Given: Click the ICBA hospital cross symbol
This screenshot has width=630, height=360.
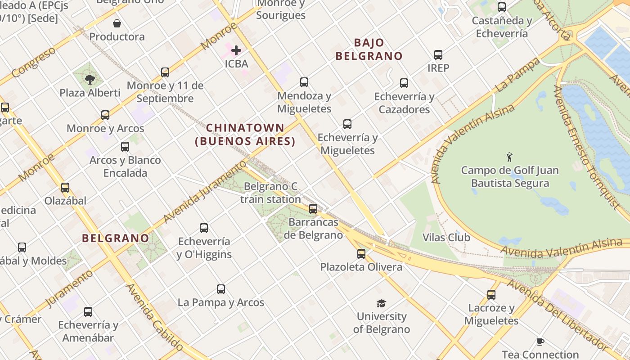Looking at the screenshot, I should (236, 50).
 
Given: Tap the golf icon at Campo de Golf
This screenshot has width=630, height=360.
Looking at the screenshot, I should (509, 157).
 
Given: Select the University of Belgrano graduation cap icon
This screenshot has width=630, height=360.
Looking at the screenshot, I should (381, 303).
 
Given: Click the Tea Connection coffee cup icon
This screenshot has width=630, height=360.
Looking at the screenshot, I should (540, 342).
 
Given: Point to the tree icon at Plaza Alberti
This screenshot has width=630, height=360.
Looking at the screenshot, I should (90, 80).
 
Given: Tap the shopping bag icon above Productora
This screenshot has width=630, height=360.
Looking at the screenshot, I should (117, 23).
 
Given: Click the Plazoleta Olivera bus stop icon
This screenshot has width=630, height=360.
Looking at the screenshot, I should (361, 253).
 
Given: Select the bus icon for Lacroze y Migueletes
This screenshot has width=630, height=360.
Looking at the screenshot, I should (491, 295).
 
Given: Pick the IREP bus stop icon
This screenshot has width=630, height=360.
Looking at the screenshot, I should (438, 55).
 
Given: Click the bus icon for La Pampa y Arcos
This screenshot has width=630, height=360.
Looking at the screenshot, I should (221, 289).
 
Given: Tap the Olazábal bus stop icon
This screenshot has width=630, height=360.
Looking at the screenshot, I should (65, 188).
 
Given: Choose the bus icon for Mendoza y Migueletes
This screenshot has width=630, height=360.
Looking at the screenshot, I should (304, 82).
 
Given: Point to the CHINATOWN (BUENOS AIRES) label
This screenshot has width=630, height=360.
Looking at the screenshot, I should (245, 135).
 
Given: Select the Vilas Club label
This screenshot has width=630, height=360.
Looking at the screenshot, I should (446, 238).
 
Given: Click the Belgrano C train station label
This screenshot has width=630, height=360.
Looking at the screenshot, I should (270, 193).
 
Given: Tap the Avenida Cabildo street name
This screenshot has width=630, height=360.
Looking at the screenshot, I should (154, 317).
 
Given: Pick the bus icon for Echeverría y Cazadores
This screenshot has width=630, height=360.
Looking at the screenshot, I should (404, 83).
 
